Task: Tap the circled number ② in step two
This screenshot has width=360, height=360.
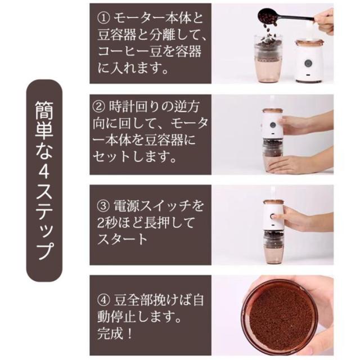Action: click(99, 107)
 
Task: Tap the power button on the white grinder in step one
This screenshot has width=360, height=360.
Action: click(308, 62)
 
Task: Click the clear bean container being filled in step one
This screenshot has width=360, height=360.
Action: click(268, 59)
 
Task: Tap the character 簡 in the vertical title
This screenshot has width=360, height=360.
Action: click(44, 111)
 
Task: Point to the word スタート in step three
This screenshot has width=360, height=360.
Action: click(121, 240)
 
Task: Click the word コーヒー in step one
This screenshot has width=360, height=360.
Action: click(124, 52)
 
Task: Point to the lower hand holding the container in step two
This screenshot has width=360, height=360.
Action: click(299, 164)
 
